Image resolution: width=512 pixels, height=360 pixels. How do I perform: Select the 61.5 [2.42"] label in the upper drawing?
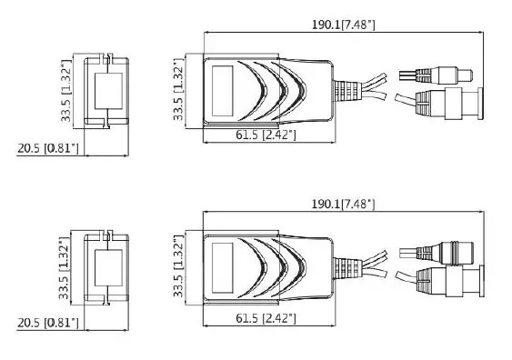(x=266, y=135)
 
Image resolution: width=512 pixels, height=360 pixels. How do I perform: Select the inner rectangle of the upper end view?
(x=108, y=90)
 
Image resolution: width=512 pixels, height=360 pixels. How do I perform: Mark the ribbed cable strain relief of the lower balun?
(x=346, y=268)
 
